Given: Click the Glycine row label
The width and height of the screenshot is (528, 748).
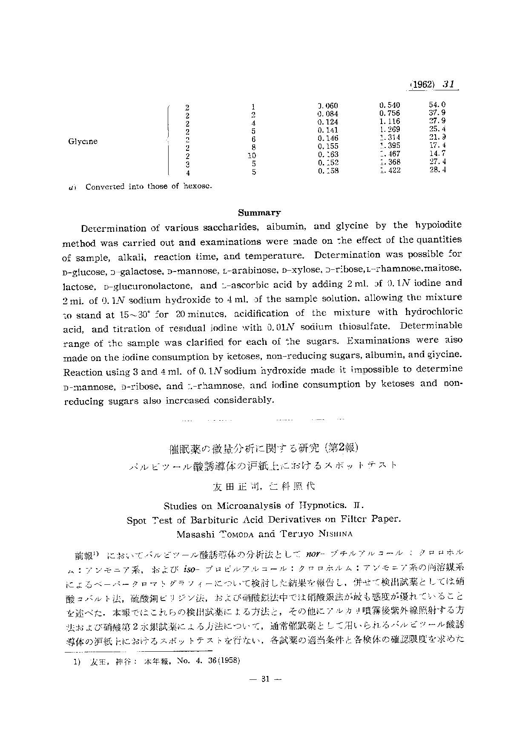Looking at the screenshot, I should [x=83, y=142].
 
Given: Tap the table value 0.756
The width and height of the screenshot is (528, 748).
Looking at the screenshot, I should [x=390, y=113].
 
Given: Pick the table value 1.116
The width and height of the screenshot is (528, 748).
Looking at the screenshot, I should [x=390, y=121].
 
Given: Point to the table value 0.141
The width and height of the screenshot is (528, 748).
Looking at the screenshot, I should [x=328, y=130].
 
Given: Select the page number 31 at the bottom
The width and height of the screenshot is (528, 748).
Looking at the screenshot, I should [x=264, y=679].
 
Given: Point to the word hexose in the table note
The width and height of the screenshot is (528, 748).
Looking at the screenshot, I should [x=198, y=187].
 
